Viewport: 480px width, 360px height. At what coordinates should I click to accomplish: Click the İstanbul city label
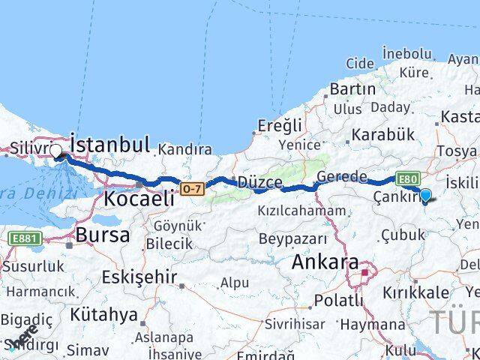point(110,143)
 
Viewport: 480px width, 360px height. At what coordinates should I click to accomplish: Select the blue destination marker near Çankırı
point(425,196)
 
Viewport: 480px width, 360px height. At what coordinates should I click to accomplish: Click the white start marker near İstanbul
point(56,151)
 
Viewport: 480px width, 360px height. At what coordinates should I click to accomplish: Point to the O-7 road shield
point(191,188)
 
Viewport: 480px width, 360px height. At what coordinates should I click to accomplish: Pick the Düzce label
point(259,182)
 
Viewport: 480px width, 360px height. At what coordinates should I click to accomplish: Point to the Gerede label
point(342,177)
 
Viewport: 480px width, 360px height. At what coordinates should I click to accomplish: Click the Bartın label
point(352,88)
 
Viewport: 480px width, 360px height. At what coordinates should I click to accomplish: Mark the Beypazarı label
point(293,239)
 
